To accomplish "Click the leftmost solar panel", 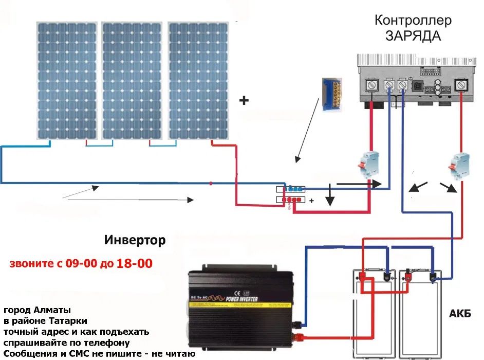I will (67, 80).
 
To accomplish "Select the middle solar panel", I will (133, 80).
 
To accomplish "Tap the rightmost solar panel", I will (198, 80).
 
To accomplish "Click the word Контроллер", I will (413, 21).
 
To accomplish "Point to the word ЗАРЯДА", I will (413, 37).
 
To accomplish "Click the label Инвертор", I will (135, 240).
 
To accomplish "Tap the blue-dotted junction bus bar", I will (291, 189).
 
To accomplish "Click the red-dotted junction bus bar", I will (291, 199).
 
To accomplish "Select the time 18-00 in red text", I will (135, 264).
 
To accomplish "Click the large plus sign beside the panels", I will (244, 101).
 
